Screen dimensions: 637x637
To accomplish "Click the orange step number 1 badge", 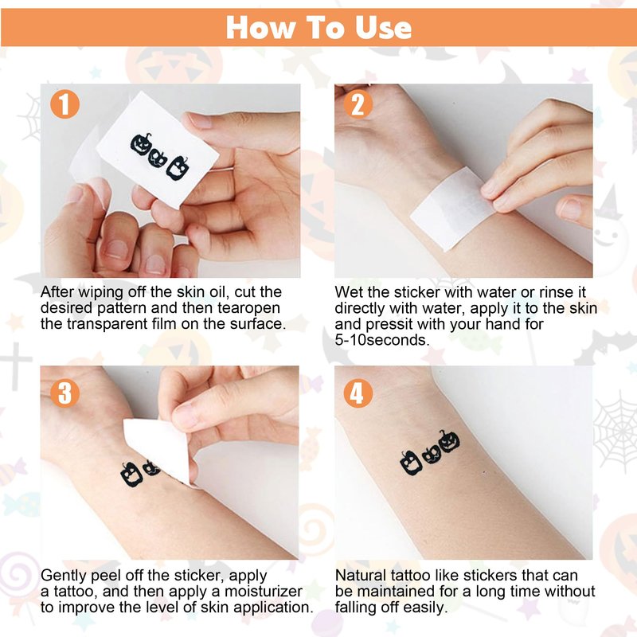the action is (65, 105).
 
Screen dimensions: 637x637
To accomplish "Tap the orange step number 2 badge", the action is (358, 104).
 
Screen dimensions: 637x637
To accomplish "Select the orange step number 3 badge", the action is (65, 393).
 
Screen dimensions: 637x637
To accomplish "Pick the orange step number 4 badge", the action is (358, 393).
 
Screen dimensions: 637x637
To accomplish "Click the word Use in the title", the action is (383, 28).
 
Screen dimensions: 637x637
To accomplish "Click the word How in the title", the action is (260, 28).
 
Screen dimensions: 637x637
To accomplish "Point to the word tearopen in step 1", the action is (248, 308).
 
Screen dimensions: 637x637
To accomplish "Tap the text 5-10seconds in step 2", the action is (382, 340).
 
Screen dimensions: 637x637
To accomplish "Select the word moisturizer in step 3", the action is (264, 591).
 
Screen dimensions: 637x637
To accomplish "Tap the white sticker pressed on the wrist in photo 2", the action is (453, 208).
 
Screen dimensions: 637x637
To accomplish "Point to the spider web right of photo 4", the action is (616, 431).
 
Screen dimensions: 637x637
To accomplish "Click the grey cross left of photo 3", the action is (15, 365).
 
